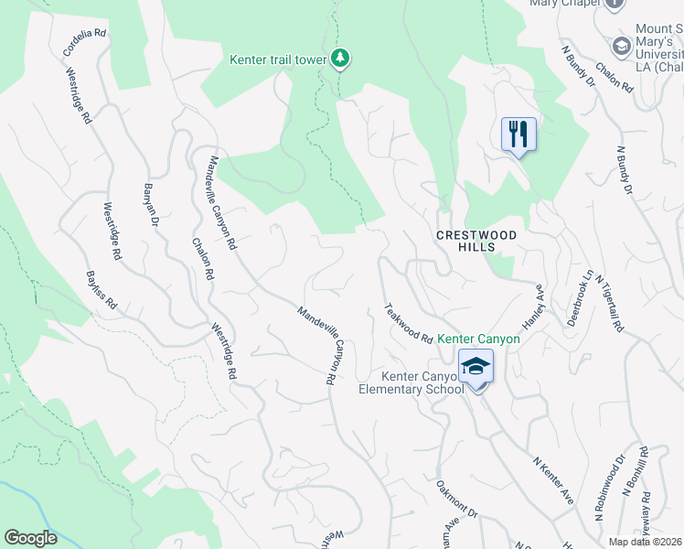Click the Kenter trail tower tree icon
pos(340,59)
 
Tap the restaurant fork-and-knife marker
pos(518,135)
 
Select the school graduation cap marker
pos(476,367)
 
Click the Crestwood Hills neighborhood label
pos(476,241)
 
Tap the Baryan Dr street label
pos(151,205)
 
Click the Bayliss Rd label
pos(102,288)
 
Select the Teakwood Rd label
pos(408,323)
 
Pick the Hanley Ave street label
pos(533,307)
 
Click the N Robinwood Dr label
pos(611,489)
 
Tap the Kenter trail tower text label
pos(277,60)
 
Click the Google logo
pos(30,538)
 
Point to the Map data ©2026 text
pos(646,542)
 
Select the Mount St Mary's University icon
pos(621,46)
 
